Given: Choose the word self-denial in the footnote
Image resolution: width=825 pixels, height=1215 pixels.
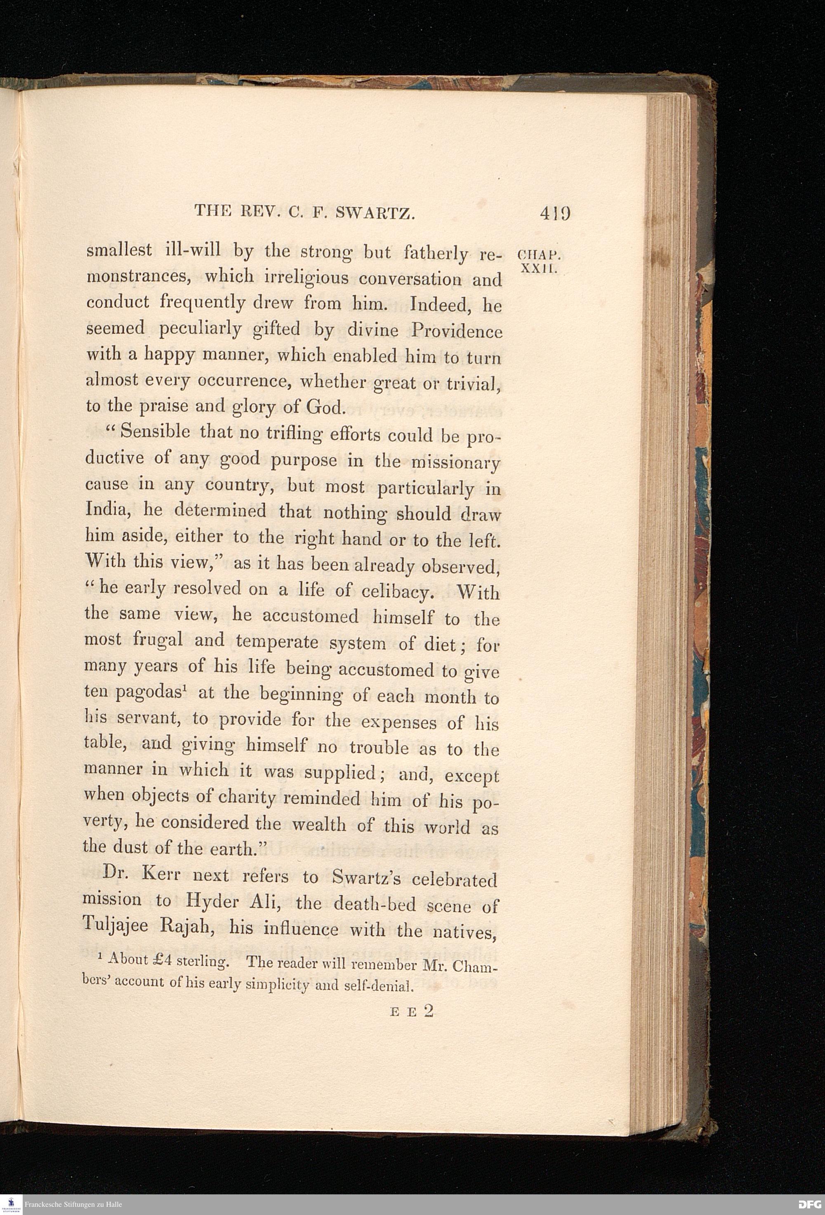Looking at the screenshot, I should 379,986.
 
